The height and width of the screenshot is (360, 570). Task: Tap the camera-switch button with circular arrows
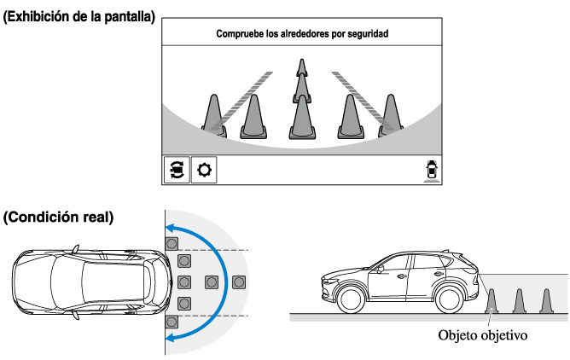coord(177,170)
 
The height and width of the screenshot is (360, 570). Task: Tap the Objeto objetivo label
coord(483,334)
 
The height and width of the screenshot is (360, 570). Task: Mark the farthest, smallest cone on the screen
coord(300,68)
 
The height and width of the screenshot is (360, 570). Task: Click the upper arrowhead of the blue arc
coord(170,227)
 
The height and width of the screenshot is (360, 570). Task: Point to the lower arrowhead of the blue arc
coord(170,338)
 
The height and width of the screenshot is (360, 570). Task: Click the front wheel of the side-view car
coord(350,299)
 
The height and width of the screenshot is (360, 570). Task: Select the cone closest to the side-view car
coord(492,301)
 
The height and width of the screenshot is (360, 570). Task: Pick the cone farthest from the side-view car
coord(546,301)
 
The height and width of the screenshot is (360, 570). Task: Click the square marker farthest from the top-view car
coord(239,282)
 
